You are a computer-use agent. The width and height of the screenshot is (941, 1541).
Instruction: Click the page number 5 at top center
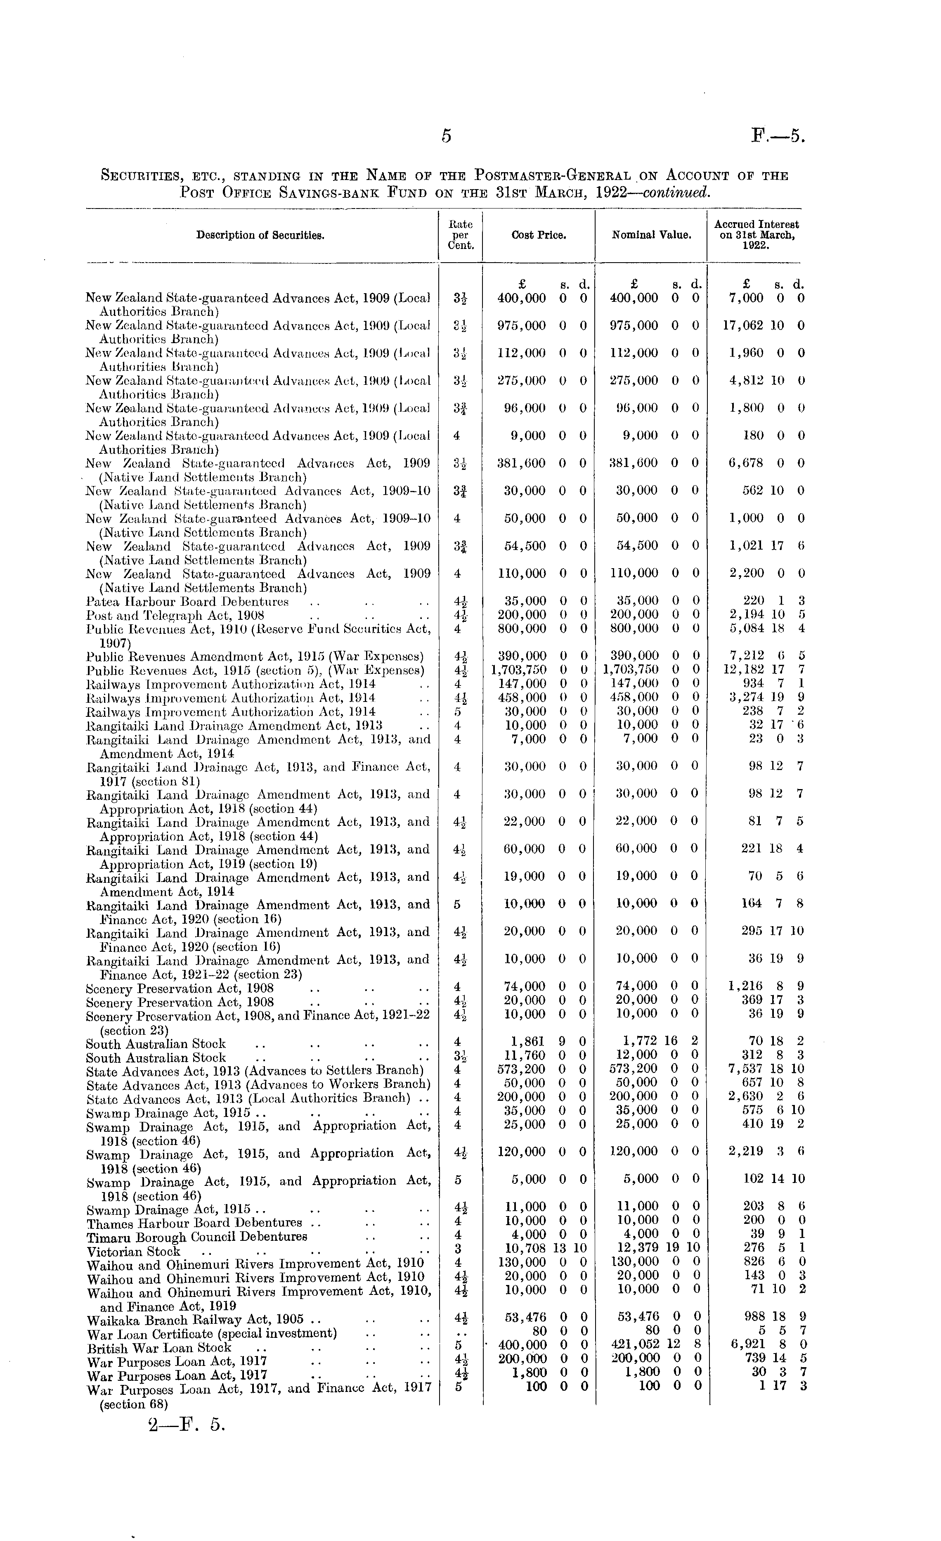446,136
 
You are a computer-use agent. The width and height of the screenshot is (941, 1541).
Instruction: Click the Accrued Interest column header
756,235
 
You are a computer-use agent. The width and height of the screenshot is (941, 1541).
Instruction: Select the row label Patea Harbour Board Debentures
187,602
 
